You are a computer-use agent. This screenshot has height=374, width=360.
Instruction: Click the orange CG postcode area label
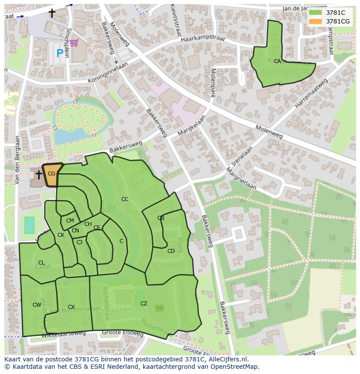pyautogui.click(x=51, y=174)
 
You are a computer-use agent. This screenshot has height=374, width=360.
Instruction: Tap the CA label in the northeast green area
pyautogui.click(x=277, y=62)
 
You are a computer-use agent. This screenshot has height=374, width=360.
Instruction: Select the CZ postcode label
pyautogui.click(x=144, y=304)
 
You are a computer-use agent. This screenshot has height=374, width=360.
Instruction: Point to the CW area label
pyautogui.click(x=37, y=305)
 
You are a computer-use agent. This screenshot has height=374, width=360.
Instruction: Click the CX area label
pyautogui.click(x=71, y=307)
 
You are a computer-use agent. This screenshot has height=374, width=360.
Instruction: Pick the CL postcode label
pyautogui.click(x=41, y=263)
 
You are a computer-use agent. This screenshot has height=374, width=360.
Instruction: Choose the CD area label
pyautogui.click(x=171, y=251)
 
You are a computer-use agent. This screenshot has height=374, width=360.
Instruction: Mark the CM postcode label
pyautogui.click(x=70, y=221)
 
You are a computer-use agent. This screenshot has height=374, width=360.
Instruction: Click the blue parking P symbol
pyautogui.click(x=60, y=53)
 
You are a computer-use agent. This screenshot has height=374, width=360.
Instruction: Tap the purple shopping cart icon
pyautogui.click(x=74, y=42)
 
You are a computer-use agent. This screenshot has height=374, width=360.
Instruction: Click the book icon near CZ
pyautogui.click(x=159, y=308)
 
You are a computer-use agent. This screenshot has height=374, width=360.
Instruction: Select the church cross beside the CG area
pyautogui.click(x=38, y=175)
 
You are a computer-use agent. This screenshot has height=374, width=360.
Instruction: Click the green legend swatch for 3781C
pyautogui.click(x=315, y=13)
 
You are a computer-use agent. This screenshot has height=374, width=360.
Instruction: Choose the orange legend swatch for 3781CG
pyautogui.click(x=315, y=21)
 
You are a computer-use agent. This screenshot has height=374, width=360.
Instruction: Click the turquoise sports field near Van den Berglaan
pyautogui.click(x=29, y=225)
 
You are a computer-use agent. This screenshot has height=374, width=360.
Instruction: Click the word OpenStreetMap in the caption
pyautogui.click(x=235, y=367)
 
